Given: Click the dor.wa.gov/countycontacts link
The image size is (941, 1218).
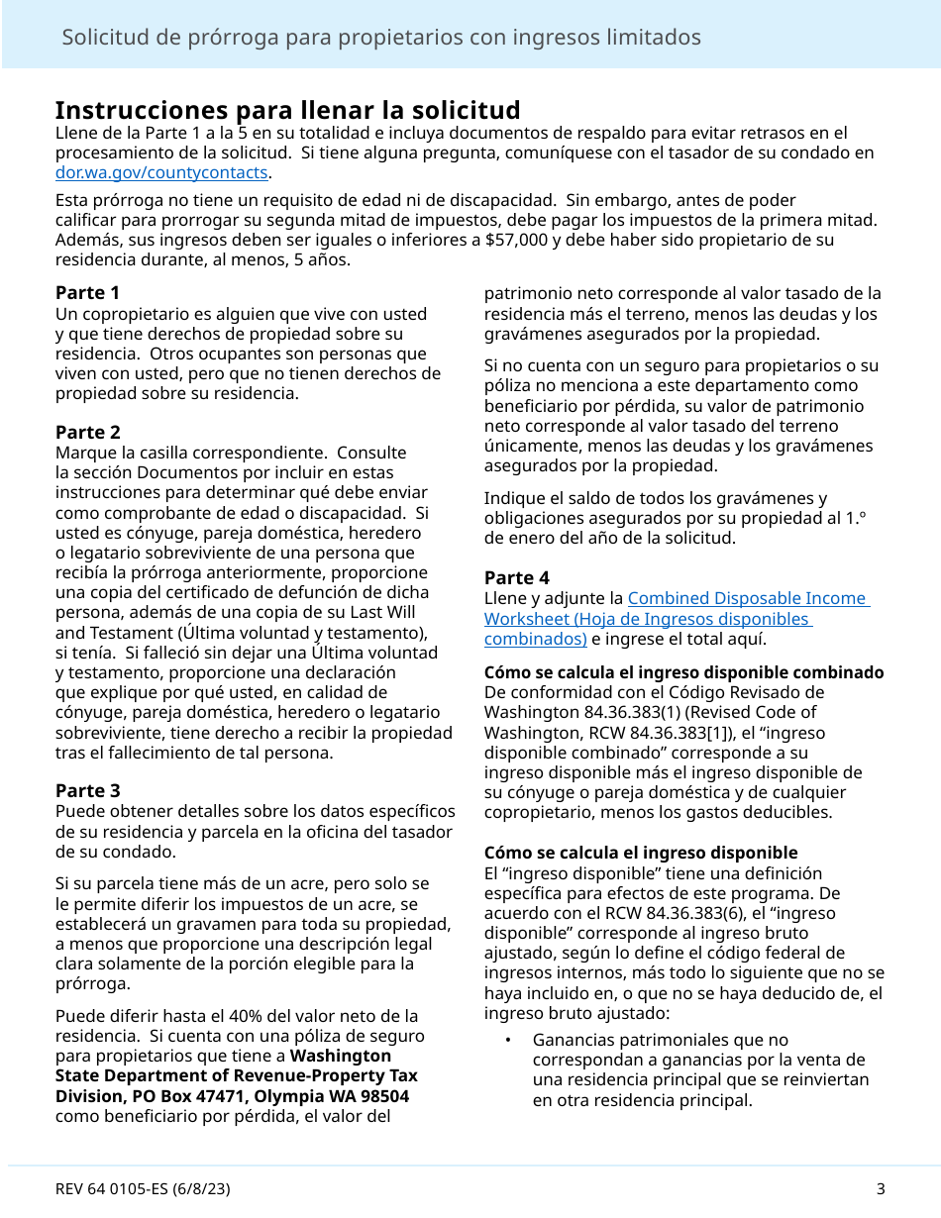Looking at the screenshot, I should [x=160, y=172].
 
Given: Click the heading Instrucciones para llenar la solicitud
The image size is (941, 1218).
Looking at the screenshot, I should [x=287, y=110].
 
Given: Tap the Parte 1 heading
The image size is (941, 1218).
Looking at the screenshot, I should [x=87, y=293].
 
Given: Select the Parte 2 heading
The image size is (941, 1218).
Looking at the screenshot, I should [x=87, y=432].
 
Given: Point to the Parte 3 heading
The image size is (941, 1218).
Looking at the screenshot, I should [x=87, y=790].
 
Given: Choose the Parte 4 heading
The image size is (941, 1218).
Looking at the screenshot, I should [x=516, y=577].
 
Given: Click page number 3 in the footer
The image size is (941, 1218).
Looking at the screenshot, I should [x=880, y=1189].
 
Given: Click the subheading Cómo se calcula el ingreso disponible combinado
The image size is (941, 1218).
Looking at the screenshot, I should [x=683, y=672].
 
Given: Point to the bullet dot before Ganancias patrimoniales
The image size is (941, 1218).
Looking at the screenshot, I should [x=507, y=1040].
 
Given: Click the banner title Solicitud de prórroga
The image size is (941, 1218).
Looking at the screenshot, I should [x=381, y=38].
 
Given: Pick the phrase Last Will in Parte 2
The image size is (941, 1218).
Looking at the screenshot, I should [x=380, y=613].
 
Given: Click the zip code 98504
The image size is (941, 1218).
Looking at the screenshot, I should [x=382, y=1096].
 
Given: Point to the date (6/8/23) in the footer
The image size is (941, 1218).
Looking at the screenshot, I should [x=200, y=1189].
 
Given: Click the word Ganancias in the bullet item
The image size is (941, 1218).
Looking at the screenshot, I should [x=570, y=1040].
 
